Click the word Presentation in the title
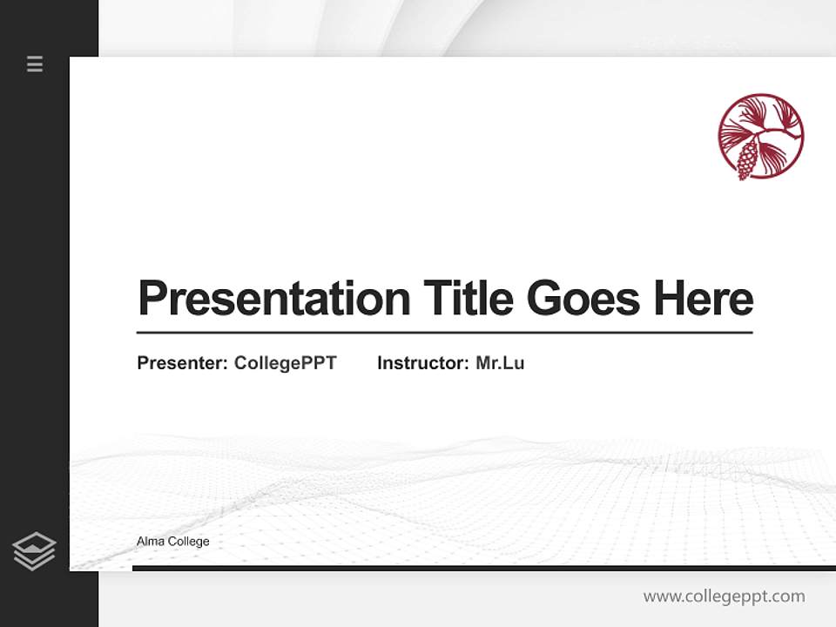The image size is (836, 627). coord(273,299)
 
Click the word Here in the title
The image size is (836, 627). coord(704,299)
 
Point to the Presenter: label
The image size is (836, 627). coord(182,363)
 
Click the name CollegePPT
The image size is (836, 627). coord(285,363)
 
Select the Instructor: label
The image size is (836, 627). coord(422,363)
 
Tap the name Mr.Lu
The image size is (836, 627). coord(500,363)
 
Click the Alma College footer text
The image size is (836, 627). coord(172,542)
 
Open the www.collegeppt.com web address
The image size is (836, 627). coord(724,597)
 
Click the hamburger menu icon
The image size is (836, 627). coord(35,64)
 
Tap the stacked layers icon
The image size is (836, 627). coord(34,551)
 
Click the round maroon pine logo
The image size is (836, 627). coord(760,137)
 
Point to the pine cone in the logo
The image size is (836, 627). coord(746,160)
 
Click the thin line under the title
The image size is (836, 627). coord(444,332)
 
